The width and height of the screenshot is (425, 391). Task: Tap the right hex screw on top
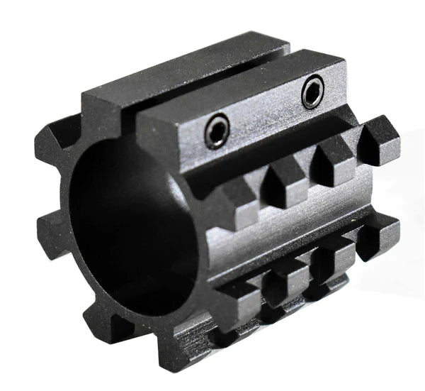coord(312,92)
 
